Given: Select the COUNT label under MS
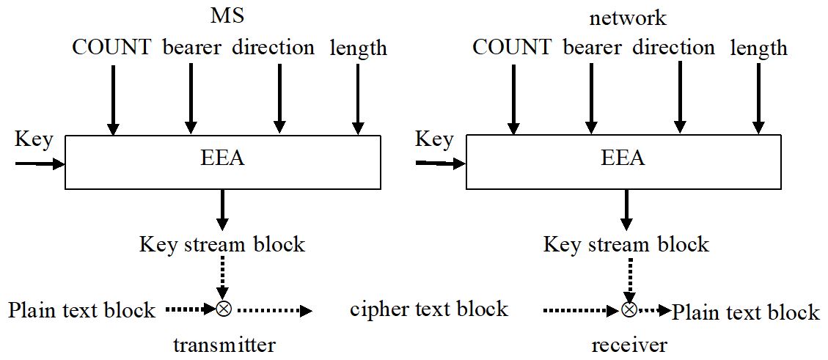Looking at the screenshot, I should pyautogui.click(x=111, y=47).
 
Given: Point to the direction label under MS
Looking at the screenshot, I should pyautogui.click(x=273, y=47).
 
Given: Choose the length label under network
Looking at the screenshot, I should pyautogui.click(x=758, y=48).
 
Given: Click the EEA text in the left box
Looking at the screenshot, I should pyautogui.click(x=223, y=158).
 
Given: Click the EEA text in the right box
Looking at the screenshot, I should pyautogui.click(x=623, y=158).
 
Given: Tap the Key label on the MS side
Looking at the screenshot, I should pyautogui.click(x=34, y=139).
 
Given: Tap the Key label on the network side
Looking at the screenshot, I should pyautogui.click(x=434, y=139).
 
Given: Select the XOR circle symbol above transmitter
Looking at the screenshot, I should pyautogui.click(x=224, y=309).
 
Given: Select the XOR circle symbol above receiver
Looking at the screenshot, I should pyautogui.click(x=629, y=310).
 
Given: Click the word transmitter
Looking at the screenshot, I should pyautogui.click(x=224, y=345).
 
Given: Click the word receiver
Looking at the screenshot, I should pyautogui.click(x=629, y=345).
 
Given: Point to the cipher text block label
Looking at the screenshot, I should pyautogui.click(x=429, y=309).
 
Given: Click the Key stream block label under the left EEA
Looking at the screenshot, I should pyautogui.click(x=222, y=244).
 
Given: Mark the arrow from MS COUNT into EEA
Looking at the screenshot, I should pyautogui.click(x=113, y=99).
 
